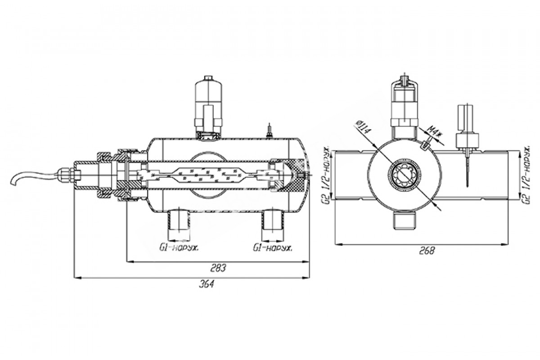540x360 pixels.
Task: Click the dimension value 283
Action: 219,268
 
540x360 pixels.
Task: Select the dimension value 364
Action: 207,284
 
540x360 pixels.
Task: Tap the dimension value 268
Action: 427,251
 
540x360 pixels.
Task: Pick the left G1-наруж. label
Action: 179,248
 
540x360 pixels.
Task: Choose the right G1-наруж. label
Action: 272,248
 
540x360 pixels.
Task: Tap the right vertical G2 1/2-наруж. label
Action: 526,175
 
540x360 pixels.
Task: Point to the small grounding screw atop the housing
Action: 270,131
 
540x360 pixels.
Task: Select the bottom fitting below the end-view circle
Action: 405,220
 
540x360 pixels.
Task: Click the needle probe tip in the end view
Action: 468,185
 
